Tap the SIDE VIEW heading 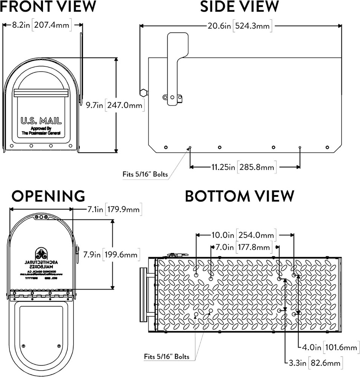(239, 6)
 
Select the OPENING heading (48, 196)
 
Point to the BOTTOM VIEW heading (239, 196)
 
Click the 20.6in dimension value (219, 26)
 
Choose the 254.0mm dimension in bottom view (256, 235)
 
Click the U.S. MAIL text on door (41, 121)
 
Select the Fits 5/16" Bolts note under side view (145, 174)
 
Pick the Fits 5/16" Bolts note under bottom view (166, 356)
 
